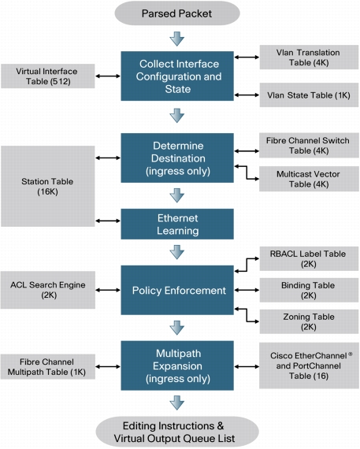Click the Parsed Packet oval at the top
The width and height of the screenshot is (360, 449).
[177, 13]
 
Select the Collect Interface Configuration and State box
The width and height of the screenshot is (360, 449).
[177, 76]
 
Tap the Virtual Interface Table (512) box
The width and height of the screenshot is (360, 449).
[48, 76]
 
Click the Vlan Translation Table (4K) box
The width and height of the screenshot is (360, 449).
[309, 58]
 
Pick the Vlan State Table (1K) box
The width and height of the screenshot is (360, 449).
[309, 95]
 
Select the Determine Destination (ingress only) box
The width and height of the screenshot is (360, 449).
[177, 158]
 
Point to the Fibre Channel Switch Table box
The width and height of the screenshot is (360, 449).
[309, 146]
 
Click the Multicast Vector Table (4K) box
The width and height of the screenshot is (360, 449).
[309, 179]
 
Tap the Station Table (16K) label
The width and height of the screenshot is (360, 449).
[47, 187]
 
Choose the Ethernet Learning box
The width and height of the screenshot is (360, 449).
[177, 224]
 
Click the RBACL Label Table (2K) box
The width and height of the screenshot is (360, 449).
[309, 259]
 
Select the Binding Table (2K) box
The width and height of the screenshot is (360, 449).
[309, 290]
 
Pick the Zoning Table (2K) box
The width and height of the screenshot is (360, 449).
[309, 321]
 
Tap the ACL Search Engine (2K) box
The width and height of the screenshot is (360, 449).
[48, 290]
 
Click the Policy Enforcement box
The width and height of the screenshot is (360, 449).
[177, 290]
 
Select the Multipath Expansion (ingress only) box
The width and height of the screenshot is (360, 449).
[177, 366]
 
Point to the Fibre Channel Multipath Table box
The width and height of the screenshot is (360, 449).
[48, 367]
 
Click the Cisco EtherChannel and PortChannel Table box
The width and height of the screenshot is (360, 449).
[309, 366]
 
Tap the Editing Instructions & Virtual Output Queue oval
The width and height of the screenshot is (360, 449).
[177, 432]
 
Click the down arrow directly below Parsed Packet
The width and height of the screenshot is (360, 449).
[177, 39]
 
